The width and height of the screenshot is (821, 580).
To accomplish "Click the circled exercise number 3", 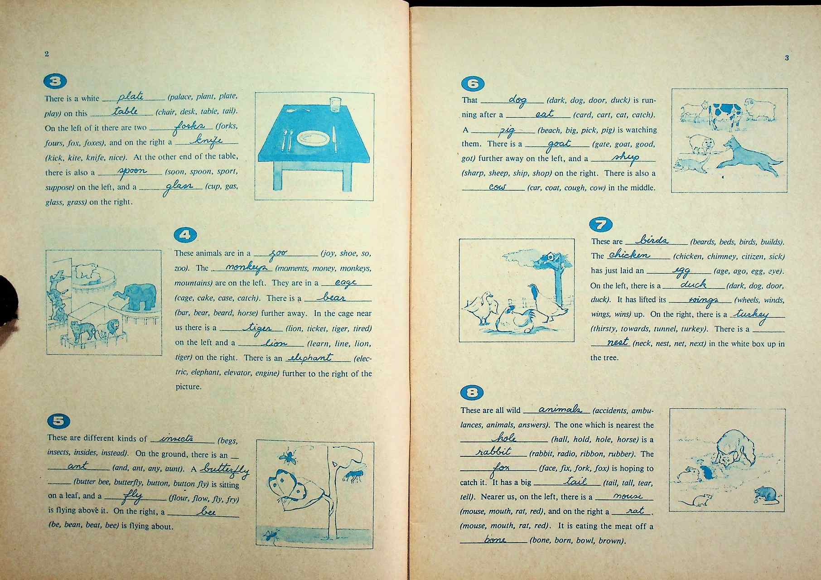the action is click(x=55, y=81).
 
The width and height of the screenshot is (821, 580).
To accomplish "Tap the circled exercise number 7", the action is click(x=601, y=225).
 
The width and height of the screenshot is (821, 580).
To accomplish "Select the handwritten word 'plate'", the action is click(x=130, y=97).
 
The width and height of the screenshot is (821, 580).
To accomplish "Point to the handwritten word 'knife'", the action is click(x=206, y=140).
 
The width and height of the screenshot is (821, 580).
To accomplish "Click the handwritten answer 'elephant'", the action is click(x=311, y=358).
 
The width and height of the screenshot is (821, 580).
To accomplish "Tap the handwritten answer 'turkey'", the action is click(x=752, y=315).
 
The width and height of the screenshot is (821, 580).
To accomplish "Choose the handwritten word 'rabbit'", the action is click(x=493, y=452).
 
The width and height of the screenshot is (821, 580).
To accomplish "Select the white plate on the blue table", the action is click(x=312, y=138).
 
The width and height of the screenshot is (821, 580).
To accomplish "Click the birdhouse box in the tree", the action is click(x=551, y=257).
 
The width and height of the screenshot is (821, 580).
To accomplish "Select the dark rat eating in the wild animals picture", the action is click(x=766, y=494).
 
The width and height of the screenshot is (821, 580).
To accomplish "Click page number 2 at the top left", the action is click(x=47, y=54).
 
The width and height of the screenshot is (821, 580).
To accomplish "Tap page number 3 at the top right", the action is click(x=787, y=58).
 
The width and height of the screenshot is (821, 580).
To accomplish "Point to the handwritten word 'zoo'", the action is click(x=278, y=254).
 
